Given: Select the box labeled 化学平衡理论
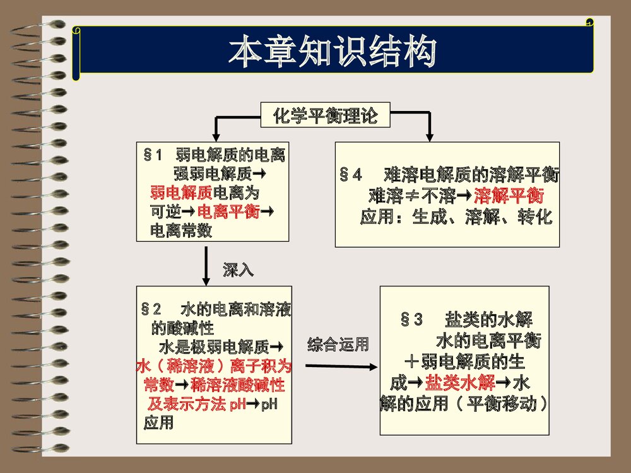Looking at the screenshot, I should [x=325, y=117].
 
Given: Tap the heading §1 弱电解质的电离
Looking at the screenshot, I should [x=215, y=155].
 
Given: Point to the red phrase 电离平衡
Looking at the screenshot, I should [x=228, y=211].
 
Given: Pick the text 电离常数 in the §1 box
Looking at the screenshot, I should [x=180, y=231].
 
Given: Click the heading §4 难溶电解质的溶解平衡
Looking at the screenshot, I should [x=449, y=174].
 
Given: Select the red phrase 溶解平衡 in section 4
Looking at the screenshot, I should [x=509, y=194].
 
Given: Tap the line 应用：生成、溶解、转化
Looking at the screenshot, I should [x=456, y=218].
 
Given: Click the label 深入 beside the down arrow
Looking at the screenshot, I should [x=238, y=271].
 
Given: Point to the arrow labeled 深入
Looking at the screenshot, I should [x=207, y=266].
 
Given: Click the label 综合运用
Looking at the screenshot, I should [x=338, y=345].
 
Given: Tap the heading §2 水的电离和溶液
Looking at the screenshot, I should [x=216, y=310].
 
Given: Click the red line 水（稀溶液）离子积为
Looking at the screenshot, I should [x=213, y=366].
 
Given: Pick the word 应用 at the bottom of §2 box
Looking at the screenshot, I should [x=158, y=423].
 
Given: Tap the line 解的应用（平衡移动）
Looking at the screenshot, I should [x=464, y=404].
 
